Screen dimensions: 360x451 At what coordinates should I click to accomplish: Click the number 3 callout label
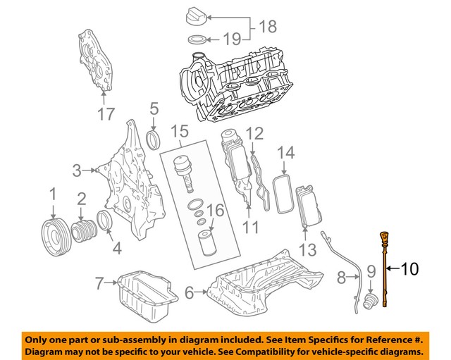coord(77,170)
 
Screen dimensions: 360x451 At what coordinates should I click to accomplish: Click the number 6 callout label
coord(190,291)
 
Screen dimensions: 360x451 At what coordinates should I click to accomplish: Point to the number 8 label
coord(341,278)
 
